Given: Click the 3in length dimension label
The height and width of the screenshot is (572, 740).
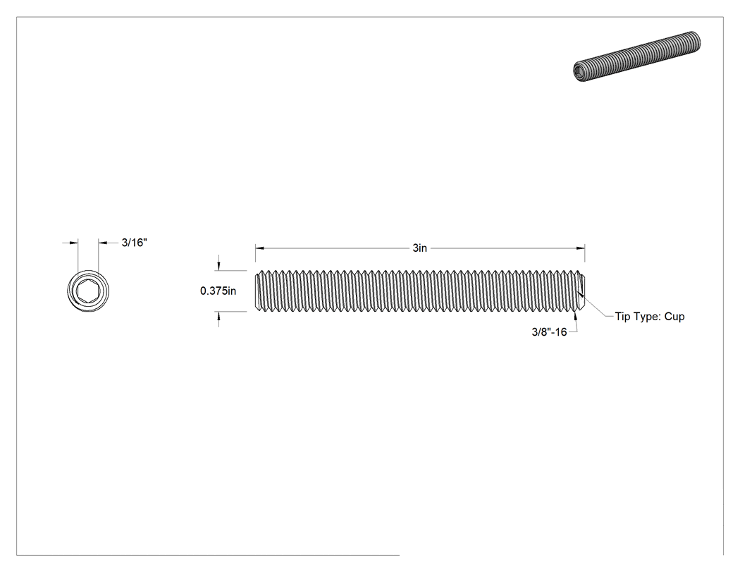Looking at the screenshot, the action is (x=419, y=248).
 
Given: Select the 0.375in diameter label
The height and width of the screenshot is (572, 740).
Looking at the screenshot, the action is (x=218, y=291).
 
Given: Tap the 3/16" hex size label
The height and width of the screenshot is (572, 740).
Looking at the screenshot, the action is (x=135, y=243).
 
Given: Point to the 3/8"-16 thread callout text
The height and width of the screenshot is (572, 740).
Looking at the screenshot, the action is (x=549, y=332).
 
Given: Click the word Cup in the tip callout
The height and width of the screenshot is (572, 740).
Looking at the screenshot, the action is (x=674, y=317).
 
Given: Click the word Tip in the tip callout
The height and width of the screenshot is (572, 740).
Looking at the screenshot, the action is (x=622, y=317).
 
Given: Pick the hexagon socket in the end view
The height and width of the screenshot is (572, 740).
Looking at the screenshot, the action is (x=88, y=291).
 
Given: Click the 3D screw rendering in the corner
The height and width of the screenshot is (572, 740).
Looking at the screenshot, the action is (x=636, y=56).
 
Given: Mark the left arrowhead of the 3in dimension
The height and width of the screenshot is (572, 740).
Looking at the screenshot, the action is (x=259, y=248).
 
